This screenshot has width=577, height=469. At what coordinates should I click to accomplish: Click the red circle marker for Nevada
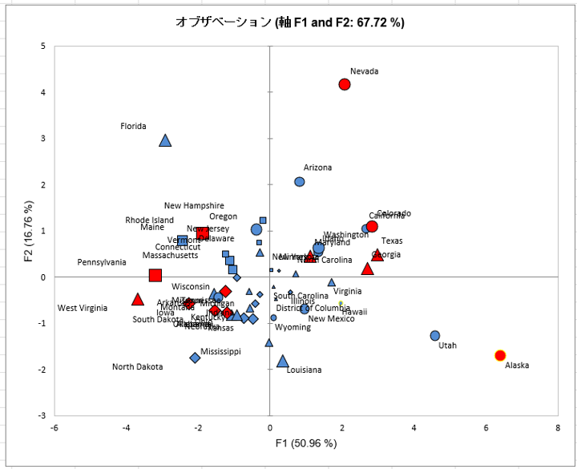[x=345, y=84]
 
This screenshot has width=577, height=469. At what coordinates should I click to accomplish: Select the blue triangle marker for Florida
[x=165, y=140]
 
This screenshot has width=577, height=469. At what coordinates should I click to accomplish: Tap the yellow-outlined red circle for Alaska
[x=500, y=355]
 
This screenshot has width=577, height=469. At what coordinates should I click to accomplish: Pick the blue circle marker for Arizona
[x=300, y=182]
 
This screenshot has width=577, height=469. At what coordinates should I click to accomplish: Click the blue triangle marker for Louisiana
[x=282, y=362]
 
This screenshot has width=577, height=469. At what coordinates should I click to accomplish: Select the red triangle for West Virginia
[x=137, y=300]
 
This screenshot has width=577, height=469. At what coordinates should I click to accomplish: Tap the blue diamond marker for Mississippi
[x=195, y=358]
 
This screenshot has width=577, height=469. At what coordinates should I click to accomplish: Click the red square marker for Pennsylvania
[x=155, y=276]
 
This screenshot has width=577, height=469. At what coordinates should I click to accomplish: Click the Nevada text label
[x=365, y=71]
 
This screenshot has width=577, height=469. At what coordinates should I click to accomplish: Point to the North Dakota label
[x=137, y=367]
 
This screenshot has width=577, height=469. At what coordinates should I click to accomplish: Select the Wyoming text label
[x=293, y=327]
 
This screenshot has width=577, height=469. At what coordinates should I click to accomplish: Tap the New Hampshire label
[x=194, y=206]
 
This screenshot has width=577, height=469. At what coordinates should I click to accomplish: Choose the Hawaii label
[x=354, y=312]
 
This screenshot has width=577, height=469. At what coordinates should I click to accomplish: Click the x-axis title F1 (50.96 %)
[x=306, y=443]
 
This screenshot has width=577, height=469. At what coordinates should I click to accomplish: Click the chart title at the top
[x=290, y=22]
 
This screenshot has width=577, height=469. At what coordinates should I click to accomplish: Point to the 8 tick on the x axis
[x=557, y=428]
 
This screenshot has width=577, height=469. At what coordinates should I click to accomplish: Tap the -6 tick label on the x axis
[x=54, y=428]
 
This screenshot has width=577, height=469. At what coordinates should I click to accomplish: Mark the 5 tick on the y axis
[x=42, y=46]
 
